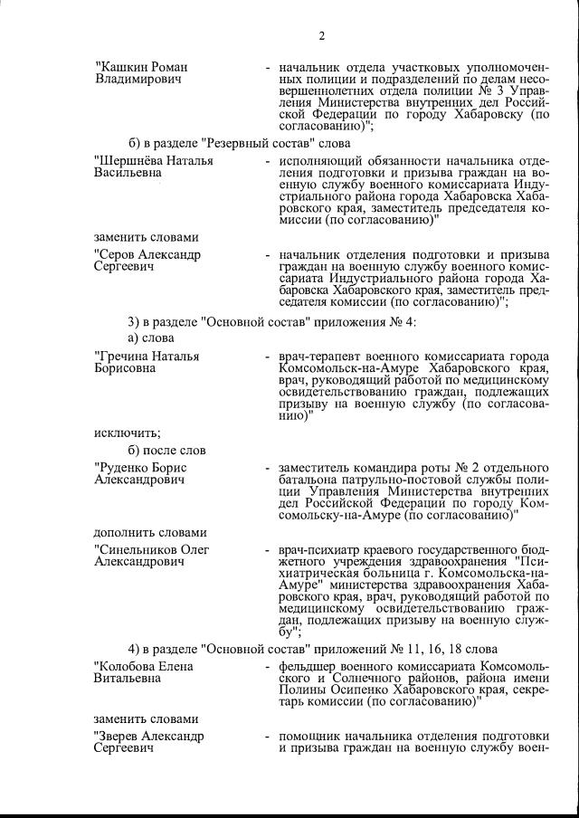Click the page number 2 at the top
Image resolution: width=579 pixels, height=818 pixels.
(321, 36)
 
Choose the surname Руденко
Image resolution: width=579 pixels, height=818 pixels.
(121, 467)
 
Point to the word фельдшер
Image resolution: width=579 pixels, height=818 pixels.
(309, 666)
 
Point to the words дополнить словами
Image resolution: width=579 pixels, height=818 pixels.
(151, 532)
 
